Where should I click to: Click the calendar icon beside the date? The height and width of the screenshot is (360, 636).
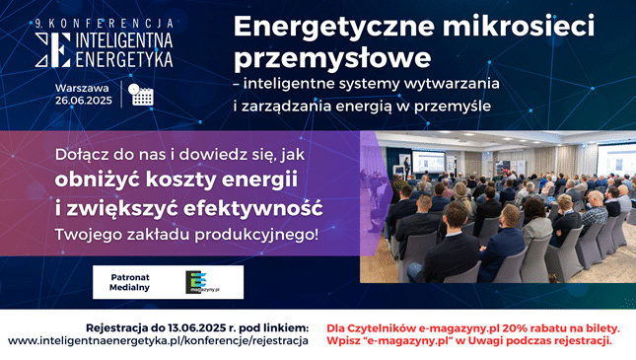[141, 95]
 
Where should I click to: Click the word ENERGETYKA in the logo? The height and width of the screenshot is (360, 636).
[116, 59]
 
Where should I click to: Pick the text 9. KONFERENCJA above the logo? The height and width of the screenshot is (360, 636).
[103, 22]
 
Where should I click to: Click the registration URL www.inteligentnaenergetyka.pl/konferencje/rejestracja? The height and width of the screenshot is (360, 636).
[158, 341]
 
